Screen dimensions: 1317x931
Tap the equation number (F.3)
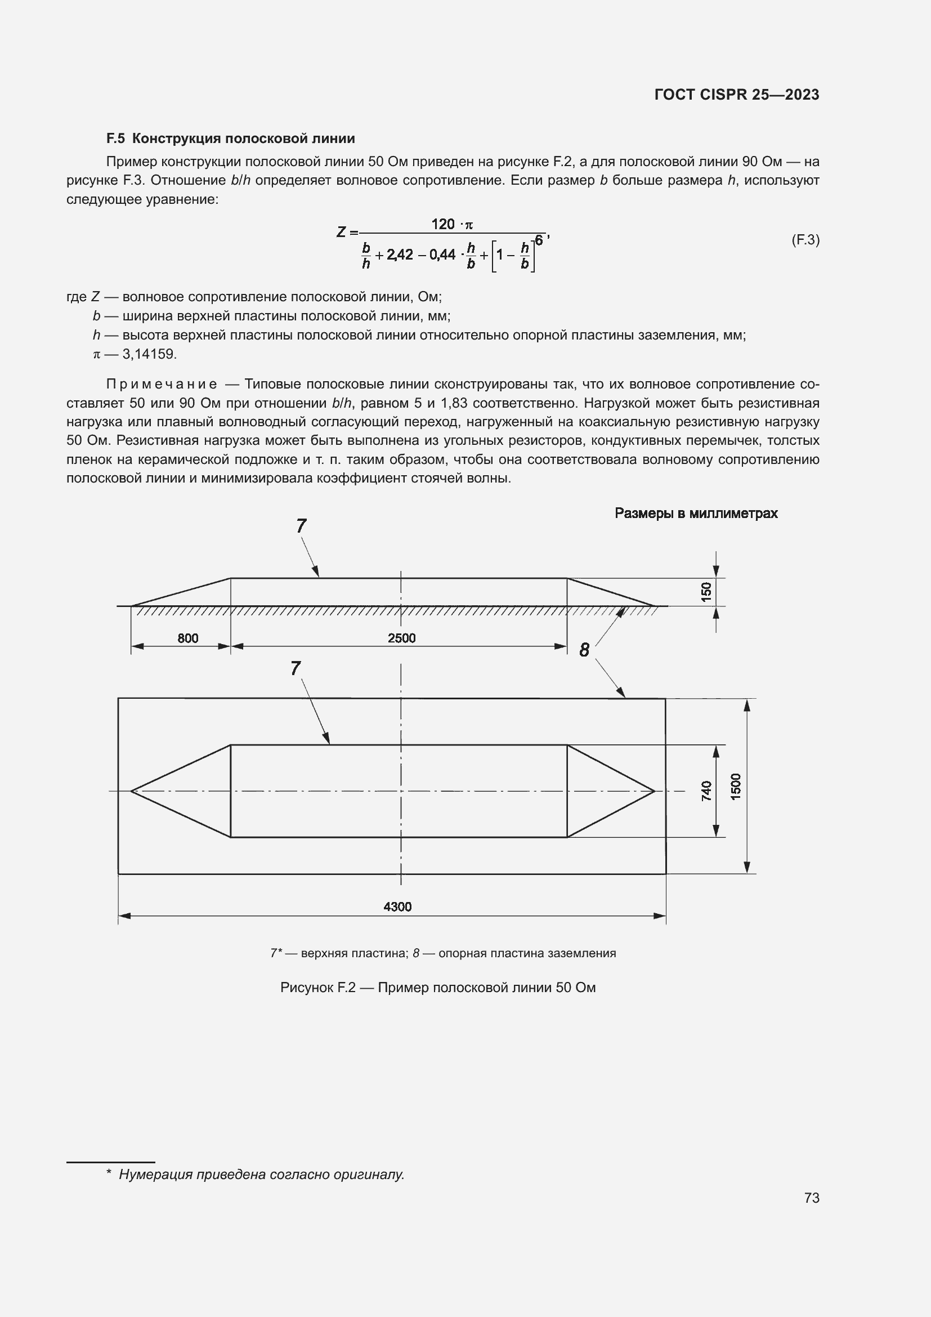805,240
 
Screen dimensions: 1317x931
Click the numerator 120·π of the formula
452,224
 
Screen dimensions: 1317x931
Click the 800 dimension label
187,638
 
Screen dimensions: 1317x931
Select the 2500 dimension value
401,638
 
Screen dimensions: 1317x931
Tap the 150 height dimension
706,591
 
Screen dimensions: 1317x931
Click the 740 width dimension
706,791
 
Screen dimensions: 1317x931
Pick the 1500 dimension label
736,786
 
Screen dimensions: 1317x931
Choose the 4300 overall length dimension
397,907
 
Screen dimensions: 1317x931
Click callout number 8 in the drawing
584,650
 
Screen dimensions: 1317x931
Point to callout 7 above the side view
302,525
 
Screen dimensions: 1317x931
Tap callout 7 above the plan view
296,668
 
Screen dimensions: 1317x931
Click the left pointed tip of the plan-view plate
132,791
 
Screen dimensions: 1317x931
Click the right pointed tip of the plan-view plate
654,791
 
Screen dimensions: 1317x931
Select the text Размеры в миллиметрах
696,514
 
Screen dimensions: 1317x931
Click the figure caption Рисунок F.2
437,987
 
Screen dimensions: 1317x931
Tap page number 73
811,1198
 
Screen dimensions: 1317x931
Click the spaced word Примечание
162,385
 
